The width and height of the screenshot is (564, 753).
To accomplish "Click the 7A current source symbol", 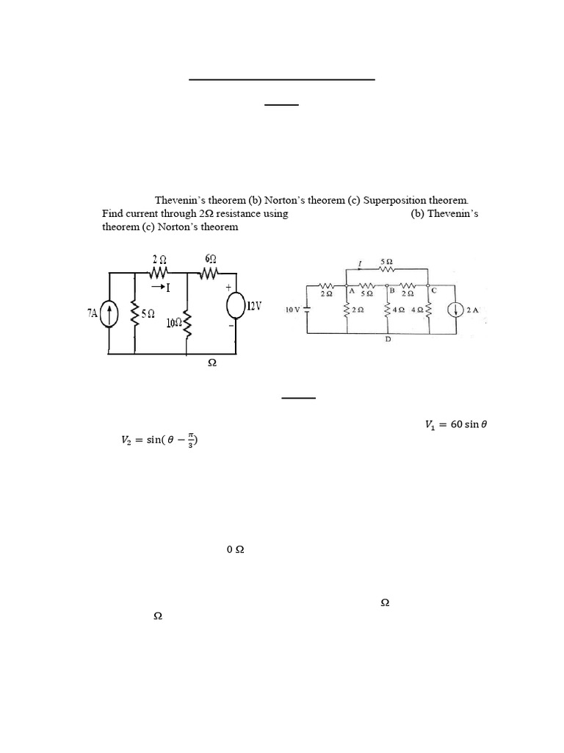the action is click(109, 314).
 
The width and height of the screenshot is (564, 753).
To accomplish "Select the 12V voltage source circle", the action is click(236, 306).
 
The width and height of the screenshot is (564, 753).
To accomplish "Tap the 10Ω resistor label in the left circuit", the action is click(174, 323).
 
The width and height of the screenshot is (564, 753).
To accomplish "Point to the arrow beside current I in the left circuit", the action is click(156, 288).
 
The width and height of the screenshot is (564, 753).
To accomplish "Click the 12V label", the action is click(254, 306).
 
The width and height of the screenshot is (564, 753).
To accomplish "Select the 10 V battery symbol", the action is click(306, 310).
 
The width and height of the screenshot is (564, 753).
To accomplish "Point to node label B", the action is click(392, 290).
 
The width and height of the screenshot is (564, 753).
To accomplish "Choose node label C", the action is click(433, 290).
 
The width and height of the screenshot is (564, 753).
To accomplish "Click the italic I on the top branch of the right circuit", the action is click(358, 263).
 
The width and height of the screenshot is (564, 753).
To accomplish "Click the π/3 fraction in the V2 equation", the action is click(189, 440).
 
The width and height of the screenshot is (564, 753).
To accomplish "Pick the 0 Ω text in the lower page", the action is click(235, 549).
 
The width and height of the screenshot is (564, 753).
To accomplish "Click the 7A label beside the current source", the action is click(93, 313).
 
